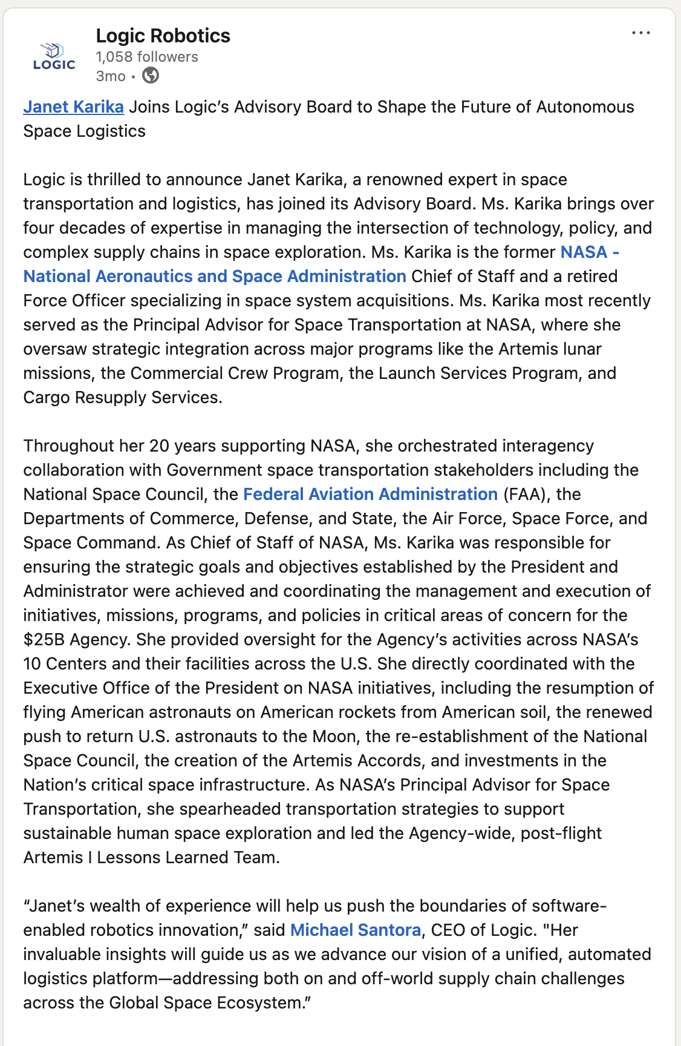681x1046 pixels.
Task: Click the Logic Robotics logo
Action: tap(54, 56)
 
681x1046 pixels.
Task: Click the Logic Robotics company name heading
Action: tap(163, 36)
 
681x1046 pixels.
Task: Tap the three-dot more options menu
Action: tap(640, 33)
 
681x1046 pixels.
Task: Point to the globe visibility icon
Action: tap(151, 76)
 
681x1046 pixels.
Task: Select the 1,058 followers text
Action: tap(147, 57)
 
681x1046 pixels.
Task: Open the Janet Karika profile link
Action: tap(73, 107)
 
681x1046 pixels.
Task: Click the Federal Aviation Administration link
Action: tap(370, 495)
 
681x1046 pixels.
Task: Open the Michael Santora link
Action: tap(356, 930)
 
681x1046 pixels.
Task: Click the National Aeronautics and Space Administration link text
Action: tap(215, 277)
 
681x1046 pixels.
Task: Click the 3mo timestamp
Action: tap(111, 76)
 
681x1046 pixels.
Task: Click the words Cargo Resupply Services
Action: tap(122, 398)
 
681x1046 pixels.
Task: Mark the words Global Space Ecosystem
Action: tap(205, 1003)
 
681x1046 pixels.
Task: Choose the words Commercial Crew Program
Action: tap(235, 373)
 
